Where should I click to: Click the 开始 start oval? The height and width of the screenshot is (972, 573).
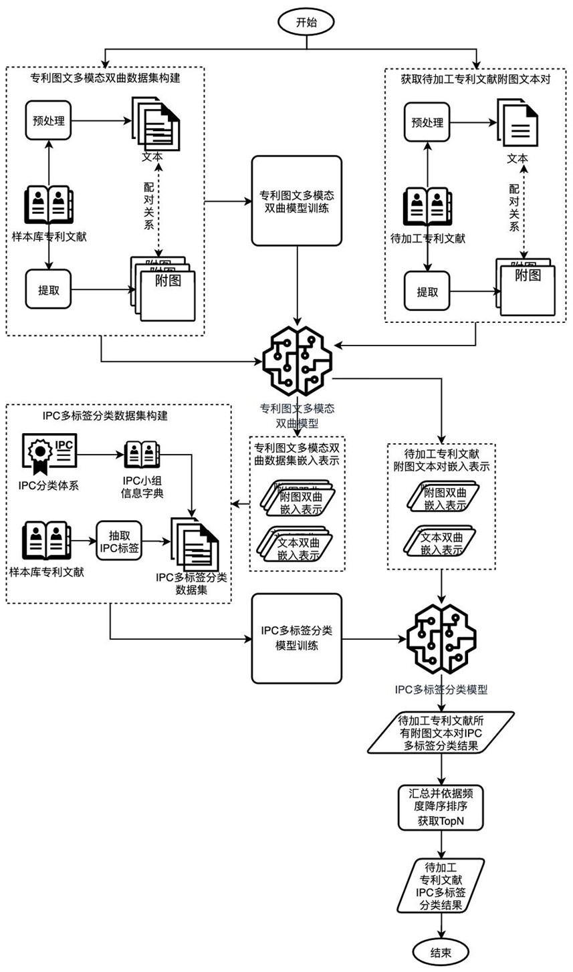pyautogui.click(x=306, y=22)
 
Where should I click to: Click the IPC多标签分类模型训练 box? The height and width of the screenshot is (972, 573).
pyautogui.click(x=297, y=639)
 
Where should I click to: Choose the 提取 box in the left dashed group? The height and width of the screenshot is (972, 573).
pyautogui.click(x=47, y=291)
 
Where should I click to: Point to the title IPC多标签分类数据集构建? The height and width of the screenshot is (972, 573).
pyautogui.click(x=105, y=415)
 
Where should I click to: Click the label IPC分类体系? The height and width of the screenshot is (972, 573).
pyautogui.click(x=49, y=485)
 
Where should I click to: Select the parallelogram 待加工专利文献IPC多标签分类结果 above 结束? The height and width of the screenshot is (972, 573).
pyautogui.click(x=439, y=886)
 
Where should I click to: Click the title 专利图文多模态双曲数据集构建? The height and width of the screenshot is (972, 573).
pyautogui.click(x=105, y=78)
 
